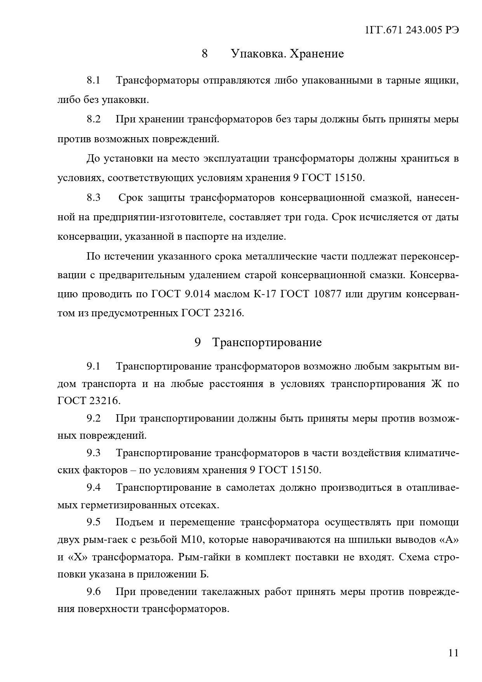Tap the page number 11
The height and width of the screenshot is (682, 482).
[453, 652]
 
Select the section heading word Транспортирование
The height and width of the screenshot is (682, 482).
[267, 342]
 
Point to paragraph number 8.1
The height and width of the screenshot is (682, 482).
[94, 80]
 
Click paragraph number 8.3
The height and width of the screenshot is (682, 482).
[94, 197]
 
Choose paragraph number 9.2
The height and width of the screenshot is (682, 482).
[94, 418]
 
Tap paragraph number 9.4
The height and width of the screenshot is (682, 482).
[94, 487]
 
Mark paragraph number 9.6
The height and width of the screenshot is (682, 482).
[94, 591]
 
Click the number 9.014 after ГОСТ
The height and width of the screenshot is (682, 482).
[198, 293]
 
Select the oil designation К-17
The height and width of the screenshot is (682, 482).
[264, 293]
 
